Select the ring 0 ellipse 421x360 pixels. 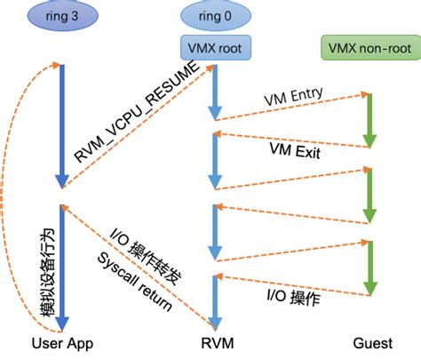point(213,15)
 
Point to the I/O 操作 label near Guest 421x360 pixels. point(293,299)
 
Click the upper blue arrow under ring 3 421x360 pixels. point(60,124)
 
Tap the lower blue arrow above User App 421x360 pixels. point(60,267)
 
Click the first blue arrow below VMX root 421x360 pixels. point(214,93)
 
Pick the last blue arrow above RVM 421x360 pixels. point(214,302)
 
